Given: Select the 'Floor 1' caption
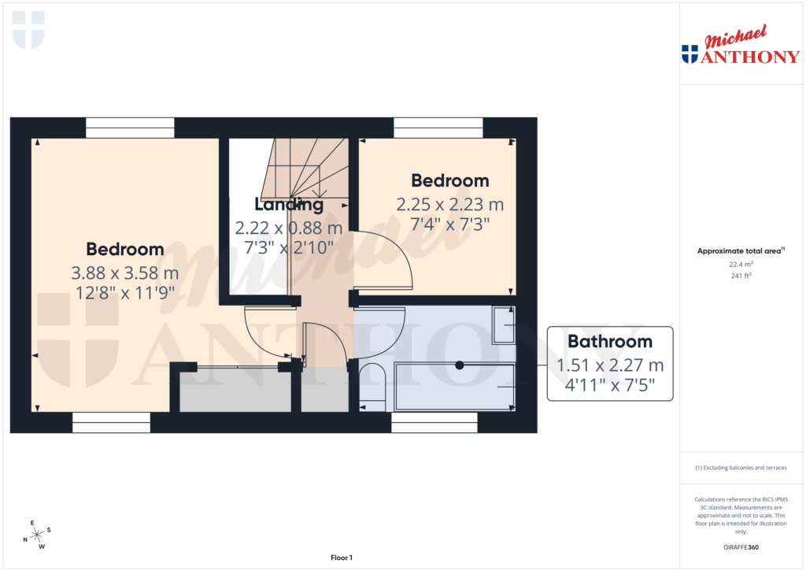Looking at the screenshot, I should (x=341, y=558).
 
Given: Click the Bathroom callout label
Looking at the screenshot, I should (x=610, y=342).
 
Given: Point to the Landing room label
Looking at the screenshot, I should (x=289, y=205).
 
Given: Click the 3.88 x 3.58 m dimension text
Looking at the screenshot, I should (x=125, y=273).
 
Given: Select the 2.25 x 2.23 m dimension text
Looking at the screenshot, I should (x=449, y=205).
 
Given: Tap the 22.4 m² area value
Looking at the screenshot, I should (x=741, y=265).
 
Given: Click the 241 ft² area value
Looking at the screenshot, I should (x=741, y=276).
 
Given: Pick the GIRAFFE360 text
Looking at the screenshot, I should (x=741, y=547).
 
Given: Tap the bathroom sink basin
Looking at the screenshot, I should (x=504, y=325).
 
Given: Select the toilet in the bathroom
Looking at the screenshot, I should (x=371, y=386).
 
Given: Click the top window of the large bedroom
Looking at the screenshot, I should (x=130, y=128).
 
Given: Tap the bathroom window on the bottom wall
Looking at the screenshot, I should (x=434, y=423).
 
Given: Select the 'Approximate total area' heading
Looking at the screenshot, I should (x=741, y=250).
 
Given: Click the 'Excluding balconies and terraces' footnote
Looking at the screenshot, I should (x=741, y=468).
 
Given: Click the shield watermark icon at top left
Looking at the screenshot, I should (x=29, y=29).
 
